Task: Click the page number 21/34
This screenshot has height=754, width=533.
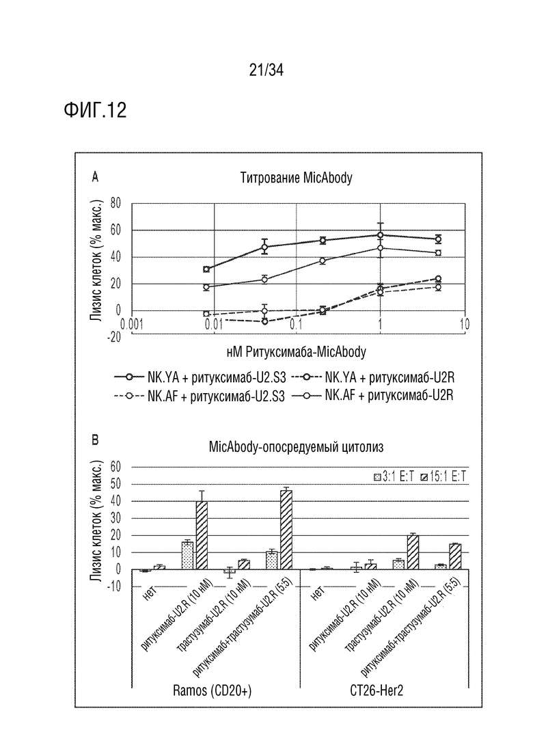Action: point(266,70)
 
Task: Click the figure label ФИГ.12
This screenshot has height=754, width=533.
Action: point(95,110)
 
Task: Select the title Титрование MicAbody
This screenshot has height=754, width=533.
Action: point(296,178)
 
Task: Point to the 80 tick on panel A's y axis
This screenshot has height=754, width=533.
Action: point(115,204)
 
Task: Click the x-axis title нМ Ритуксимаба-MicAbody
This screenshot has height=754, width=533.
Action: point(296,352)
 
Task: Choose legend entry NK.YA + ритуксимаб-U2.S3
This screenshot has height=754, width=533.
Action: point(200,377)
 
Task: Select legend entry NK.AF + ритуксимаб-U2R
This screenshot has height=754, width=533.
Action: point(372,395)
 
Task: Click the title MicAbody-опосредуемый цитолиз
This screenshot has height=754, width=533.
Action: point(296,446)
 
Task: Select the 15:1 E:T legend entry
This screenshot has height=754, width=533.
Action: point(443,476)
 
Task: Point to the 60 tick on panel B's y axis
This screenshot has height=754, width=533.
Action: point(116,467)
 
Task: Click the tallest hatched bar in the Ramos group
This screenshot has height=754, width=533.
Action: point(286,530)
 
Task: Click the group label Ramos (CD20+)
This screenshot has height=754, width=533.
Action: point(212,691)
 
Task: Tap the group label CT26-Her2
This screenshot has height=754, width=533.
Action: point(377,691)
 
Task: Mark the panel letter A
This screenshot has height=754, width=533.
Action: point(95,178)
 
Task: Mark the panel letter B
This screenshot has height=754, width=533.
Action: point(95,440)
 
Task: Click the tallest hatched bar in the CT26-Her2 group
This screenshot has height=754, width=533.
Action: point(412,552)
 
